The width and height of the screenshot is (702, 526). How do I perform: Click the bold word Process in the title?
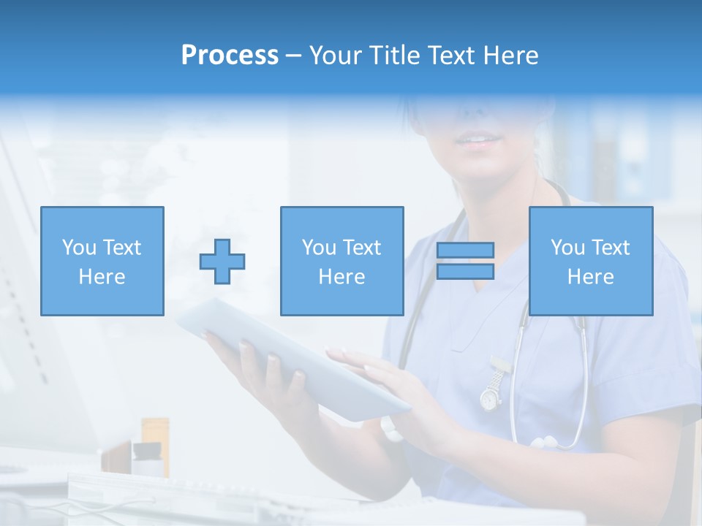[230, 56]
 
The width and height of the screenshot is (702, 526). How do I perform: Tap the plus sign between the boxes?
[222, 262]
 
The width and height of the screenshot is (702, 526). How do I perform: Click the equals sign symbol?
[465, 261]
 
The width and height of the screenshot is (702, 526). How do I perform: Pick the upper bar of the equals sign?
[465, 251]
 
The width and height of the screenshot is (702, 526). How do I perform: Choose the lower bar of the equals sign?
[465, 272]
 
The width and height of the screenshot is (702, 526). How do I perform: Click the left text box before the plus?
[102, 261]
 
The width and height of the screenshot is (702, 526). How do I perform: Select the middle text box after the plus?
[341, 261]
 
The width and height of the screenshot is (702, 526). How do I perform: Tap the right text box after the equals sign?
[590, 261]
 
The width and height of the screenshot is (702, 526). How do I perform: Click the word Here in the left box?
[102, 277]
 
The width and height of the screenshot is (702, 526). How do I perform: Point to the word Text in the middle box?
[361, 248]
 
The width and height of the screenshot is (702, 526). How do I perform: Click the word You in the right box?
[567, 248]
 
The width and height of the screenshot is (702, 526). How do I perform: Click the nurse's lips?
[479, 140]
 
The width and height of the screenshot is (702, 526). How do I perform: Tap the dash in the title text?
[294, 56]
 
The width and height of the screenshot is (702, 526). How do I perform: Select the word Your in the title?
[336, 56]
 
